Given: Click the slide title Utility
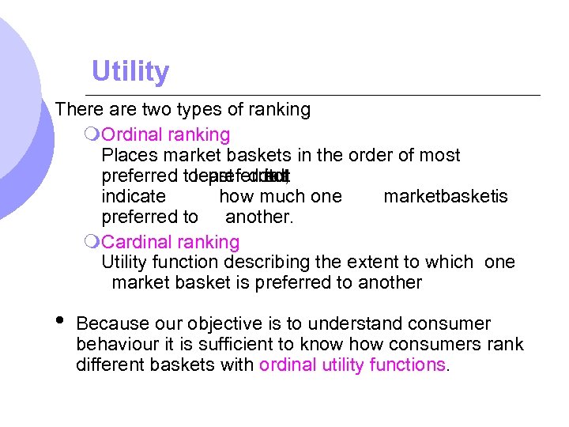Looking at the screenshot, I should [130, 72].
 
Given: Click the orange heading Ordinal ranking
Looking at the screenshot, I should [166, 135].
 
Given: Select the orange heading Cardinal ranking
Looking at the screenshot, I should [171, 241].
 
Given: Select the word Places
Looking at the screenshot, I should [130, 155].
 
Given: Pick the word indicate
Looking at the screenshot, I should [134, 196].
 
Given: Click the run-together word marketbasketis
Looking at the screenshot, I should [446, 196].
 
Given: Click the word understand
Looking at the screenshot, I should [354, 324].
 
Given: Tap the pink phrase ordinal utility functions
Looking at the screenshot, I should [352, 365].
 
